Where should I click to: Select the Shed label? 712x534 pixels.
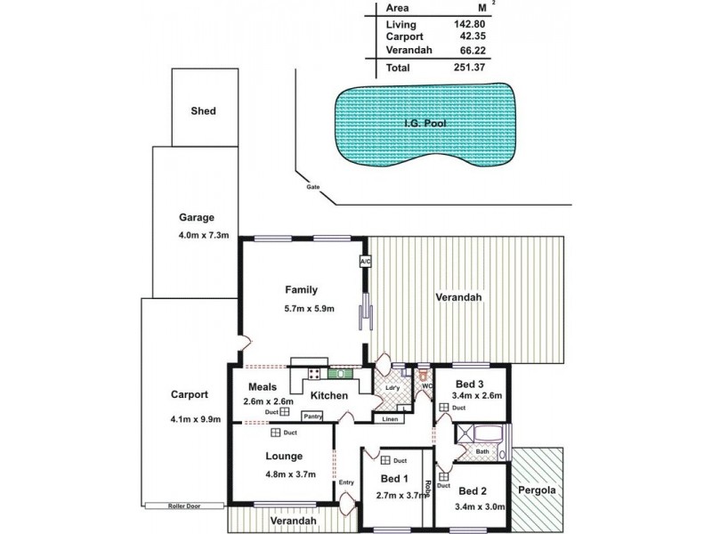click(204, 111)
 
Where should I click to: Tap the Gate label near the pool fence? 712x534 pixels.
click(312, 187)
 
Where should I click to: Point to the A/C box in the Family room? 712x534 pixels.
click(365, 262)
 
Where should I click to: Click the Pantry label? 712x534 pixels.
click(311, 416)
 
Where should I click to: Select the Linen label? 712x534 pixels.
click(391, 418)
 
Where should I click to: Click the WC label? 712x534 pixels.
click(425, 385)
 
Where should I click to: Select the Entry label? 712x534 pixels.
click(346, 482)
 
